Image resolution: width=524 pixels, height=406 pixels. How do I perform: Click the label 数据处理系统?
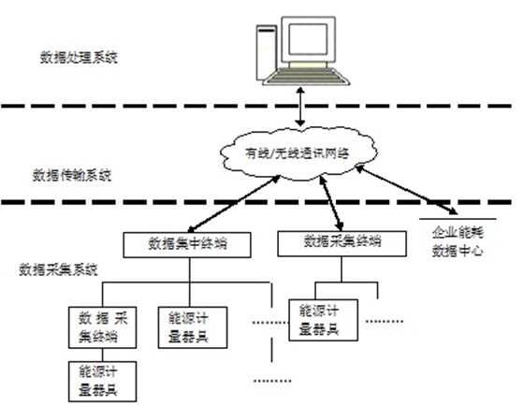[x=76, y=58]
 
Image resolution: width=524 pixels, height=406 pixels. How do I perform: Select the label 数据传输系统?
[x=72, y=173]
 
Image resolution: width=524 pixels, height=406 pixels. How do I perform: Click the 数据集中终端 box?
[x=189, y=245]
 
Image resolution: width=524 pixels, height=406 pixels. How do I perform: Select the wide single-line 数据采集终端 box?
[x=342, y=241]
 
